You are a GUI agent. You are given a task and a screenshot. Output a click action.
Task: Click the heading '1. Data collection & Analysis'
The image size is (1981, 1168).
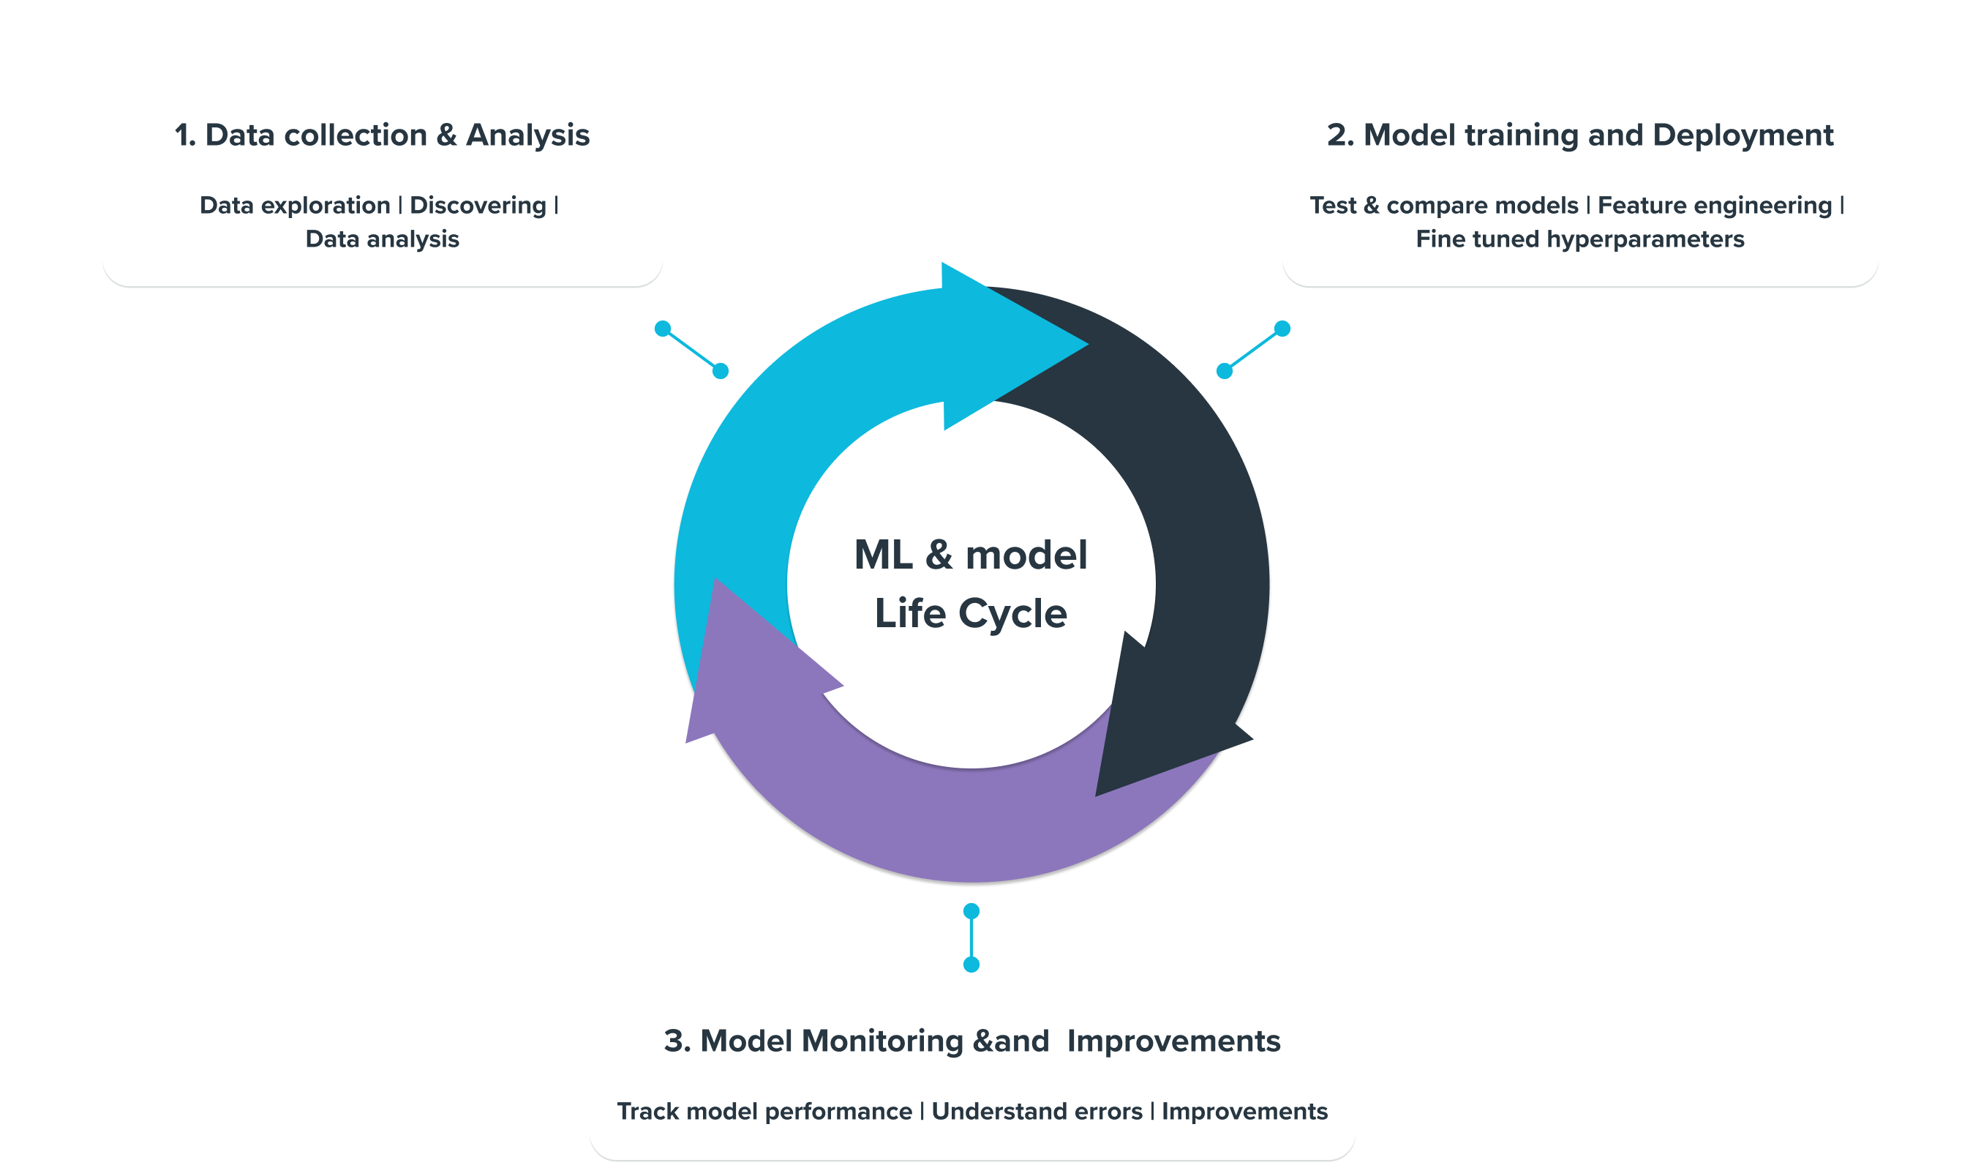(x=382, y=135)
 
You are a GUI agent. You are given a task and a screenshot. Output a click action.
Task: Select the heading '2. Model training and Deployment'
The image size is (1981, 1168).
(x=1580, y=135)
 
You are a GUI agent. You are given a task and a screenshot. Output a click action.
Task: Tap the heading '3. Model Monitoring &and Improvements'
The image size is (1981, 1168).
(x=971, y=1041)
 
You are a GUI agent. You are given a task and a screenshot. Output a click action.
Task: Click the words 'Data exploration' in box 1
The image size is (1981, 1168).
(x=294, y=206)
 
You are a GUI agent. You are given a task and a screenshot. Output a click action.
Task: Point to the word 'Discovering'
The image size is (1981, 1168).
(x=478, y=206)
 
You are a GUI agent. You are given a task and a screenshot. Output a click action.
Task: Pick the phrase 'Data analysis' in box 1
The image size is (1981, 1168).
(x=382, y=239)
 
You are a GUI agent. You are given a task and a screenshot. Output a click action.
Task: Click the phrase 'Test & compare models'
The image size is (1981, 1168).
(x=1443, y=206)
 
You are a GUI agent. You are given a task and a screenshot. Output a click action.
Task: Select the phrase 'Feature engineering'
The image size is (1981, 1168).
(x=1715, y=206)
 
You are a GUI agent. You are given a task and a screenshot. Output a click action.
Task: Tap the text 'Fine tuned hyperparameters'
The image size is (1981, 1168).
(x=1580, y=239)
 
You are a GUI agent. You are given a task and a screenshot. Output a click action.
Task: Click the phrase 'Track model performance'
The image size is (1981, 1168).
(x=764, y=1112)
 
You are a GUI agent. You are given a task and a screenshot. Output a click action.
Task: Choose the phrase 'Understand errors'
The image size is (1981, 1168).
(x=1037, y=1112)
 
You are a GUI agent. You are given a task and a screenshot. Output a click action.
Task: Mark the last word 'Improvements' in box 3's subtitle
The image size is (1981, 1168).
(x=1244, y=1112)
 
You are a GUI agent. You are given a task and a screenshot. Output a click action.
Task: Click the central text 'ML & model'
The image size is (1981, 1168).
(x=971, y=555)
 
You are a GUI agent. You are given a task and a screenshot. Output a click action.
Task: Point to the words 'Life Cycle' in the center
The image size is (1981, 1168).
(x=971, y=614)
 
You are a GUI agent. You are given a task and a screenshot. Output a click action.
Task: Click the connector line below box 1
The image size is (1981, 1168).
(x=691, y=350)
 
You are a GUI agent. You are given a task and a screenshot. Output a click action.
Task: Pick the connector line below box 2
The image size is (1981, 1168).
(x=1253, y=350)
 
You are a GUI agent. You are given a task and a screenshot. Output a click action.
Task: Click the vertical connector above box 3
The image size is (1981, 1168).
(x=971, y=937)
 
